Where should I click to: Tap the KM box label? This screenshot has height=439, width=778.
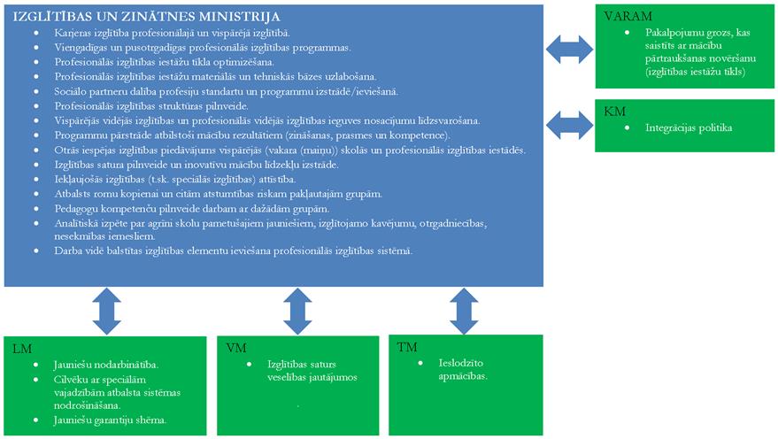pos(614,112)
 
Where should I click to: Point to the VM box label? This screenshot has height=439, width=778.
pos(236,347)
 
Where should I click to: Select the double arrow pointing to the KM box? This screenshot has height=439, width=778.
pos(566,124)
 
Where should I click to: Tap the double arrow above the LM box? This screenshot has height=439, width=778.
pos(106,311)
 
